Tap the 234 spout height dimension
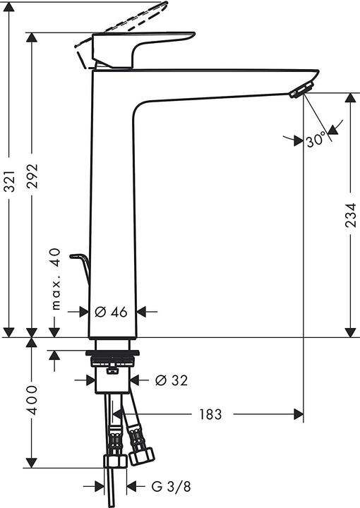click(350, 212)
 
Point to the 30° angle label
click(316, 140)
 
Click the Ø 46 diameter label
click(111, 311)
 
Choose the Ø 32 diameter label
click(170, 380)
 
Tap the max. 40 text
click(56, 279)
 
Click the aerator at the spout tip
click(301, 90)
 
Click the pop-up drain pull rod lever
click(80, 264)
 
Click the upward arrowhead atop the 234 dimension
click(350, 97)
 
